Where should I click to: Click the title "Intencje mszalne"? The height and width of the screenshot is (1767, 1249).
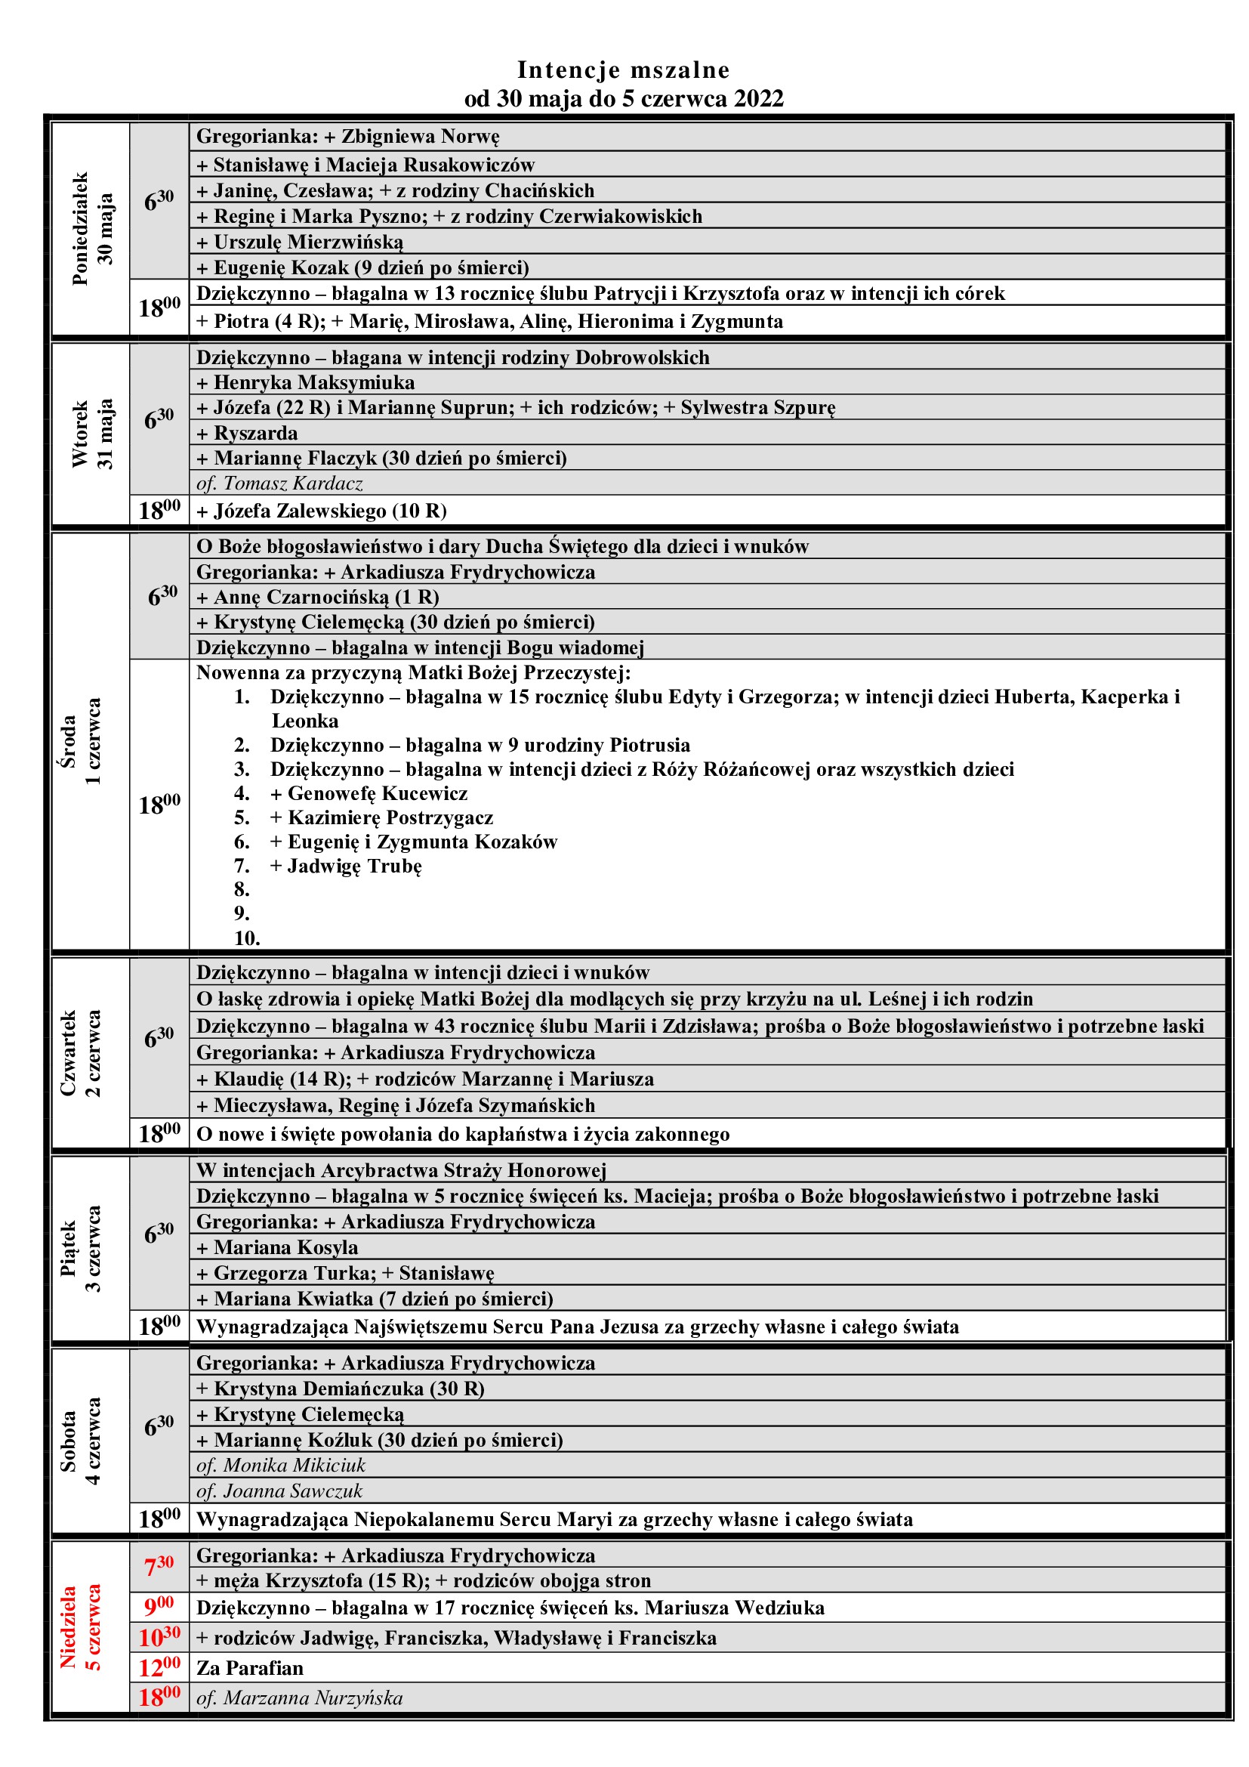(623, 70)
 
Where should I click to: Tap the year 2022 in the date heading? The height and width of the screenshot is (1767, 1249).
(758, 99)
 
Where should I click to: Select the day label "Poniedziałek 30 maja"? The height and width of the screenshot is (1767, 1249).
(91, 229)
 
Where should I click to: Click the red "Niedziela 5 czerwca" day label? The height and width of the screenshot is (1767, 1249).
(80, 1627)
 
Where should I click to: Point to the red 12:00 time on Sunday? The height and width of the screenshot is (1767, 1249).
(159, 1668)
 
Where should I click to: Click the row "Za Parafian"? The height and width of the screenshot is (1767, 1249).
(250, 1668)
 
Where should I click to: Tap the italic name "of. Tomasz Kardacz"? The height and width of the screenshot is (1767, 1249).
(279, 483)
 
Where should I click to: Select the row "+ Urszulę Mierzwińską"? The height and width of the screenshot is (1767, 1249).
(300, 242)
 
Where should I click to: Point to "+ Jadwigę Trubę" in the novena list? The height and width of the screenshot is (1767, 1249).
(346, 866)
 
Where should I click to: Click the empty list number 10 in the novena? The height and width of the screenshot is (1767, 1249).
(247, 938)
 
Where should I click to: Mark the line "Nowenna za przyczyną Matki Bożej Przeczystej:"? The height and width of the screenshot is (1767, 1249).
(413, 672)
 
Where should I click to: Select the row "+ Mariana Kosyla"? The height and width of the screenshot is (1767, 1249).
(278, 1246)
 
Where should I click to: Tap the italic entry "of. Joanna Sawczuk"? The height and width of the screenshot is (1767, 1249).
(279, 1491)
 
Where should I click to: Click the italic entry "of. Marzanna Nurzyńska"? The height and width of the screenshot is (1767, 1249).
(299, 1697)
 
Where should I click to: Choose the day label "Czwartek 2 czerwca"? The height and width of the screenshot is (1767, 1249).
(80, 1053)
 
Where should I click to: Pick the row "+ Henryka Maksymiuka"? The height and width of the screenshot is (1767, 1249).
(305, 382)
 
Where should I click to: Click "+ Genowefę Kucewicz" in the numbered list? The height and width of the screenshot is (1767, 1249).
(369, 793)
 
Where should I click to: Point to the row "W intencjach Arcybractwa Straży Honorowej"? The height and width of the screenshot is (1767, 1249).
(401, 1170)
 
